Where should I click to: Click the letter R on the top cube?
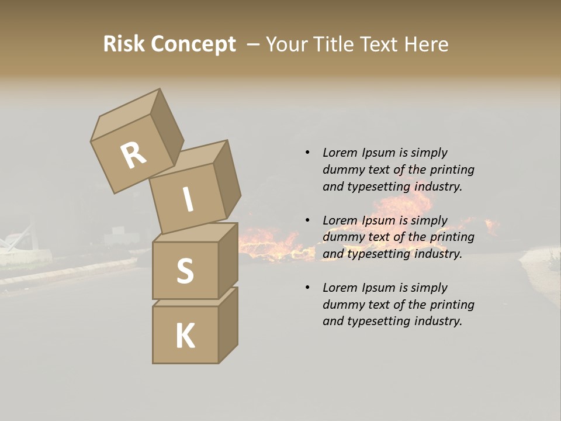click(x=133, y=156)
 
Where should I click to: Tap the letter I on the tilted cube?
click(x=188, y=199)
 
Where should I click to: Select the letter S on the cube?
click(x=185, y=271)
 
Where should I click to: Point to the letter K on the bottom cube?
click(x=185, y=336)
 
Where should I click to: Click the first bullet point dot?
click(x=307, y=153)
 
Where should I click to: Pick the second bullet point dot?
click(x=307, y=220)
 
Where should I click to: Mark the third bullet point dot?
click(x=307, y=288)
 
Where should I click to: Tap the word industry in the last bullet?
click(x=438, y=321)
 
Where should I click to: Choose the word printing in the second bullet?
click(x=452, y=237)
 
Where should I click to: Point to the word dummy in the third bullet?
click(x=342, y=304)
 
